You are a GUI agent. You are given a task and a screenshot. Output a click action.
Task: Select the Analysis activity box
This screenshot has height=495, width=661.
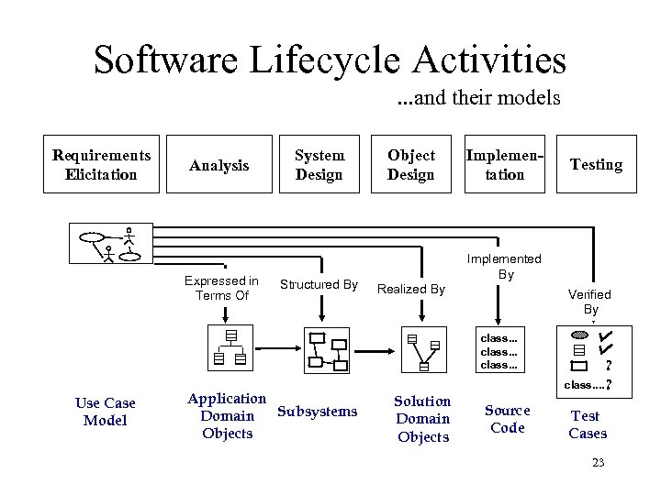[218, 166]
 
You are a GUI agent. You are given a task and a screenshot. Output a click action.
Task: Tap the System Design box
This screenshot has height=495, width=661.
[319, 165]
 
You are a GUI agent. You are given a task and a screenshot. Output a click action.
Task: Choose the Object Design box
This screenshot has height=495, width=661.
[410, 165]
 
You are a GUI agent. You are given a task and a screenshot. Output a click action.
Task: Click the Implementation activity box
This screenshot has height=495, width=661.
[504, 165]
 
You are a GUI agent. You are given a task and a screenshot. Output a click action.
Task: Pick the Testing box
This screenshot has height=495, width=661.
[596, 165]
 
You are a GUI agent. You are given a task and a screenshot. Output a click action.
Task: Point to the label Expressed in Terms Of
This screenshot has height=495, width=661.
[221, 288]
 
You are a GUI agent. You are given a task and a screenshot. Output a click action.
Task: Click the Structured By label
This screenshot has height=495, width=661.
[319, 285]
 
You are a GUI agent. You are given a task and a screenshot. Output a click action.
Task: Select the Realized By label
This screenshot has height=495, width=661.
[411, 289]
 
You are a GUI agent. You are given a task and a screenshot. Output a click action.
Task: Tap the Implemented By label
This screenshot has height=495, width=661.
[505, 267]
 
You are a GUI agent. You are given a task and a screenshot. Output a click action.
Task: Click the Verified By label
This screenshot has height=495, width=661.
[588, 302]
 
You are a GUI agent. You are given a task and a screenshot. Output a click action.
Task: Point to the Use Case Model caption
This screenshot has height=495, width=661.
[105, 412]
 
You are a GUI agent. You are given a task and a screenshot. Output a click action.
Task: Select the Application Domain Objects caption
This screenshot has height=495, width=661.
[227, 415]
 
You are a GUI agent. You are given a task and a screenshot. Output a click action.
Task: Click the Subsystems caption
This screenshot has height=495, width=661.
[317, 412]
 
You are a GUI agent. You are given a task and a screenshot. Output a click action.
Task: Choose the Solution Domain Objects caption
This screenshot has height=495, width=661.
[422, 419]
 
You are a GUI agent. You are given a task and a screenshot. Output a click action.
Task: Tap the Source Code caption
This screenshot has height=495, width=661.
[507, 419]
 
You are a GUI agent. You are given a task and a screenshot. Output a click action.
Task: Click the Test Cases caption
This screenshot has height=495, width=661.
[588, 424]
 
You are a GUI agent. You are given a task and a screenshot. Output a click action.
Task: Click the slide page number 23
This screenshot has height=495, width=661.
[598, 463]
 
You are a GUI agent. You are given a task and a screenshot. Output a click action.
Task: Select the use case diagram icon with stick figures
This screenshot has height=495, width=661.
[118, 245]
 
